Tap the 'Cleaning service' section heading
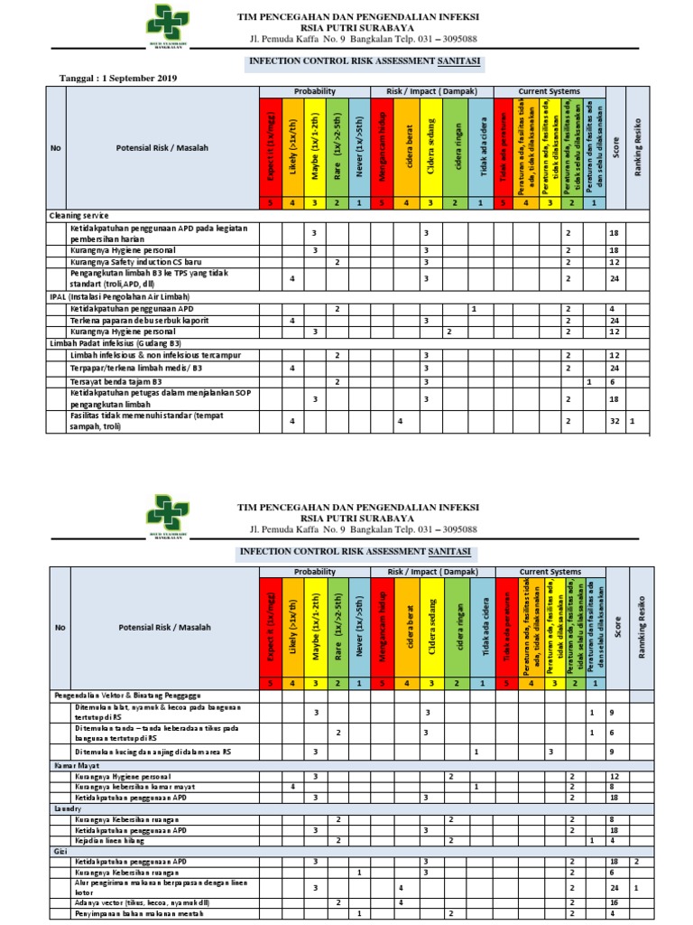[79, 216]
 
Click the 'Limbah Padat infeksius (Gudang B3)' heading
[115, 343]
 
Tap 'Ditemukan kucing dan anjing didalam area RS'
[153, 752]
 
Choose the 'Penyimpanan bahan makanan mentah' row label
[137, 914]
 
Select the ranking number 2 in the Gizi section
[636, 862]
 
